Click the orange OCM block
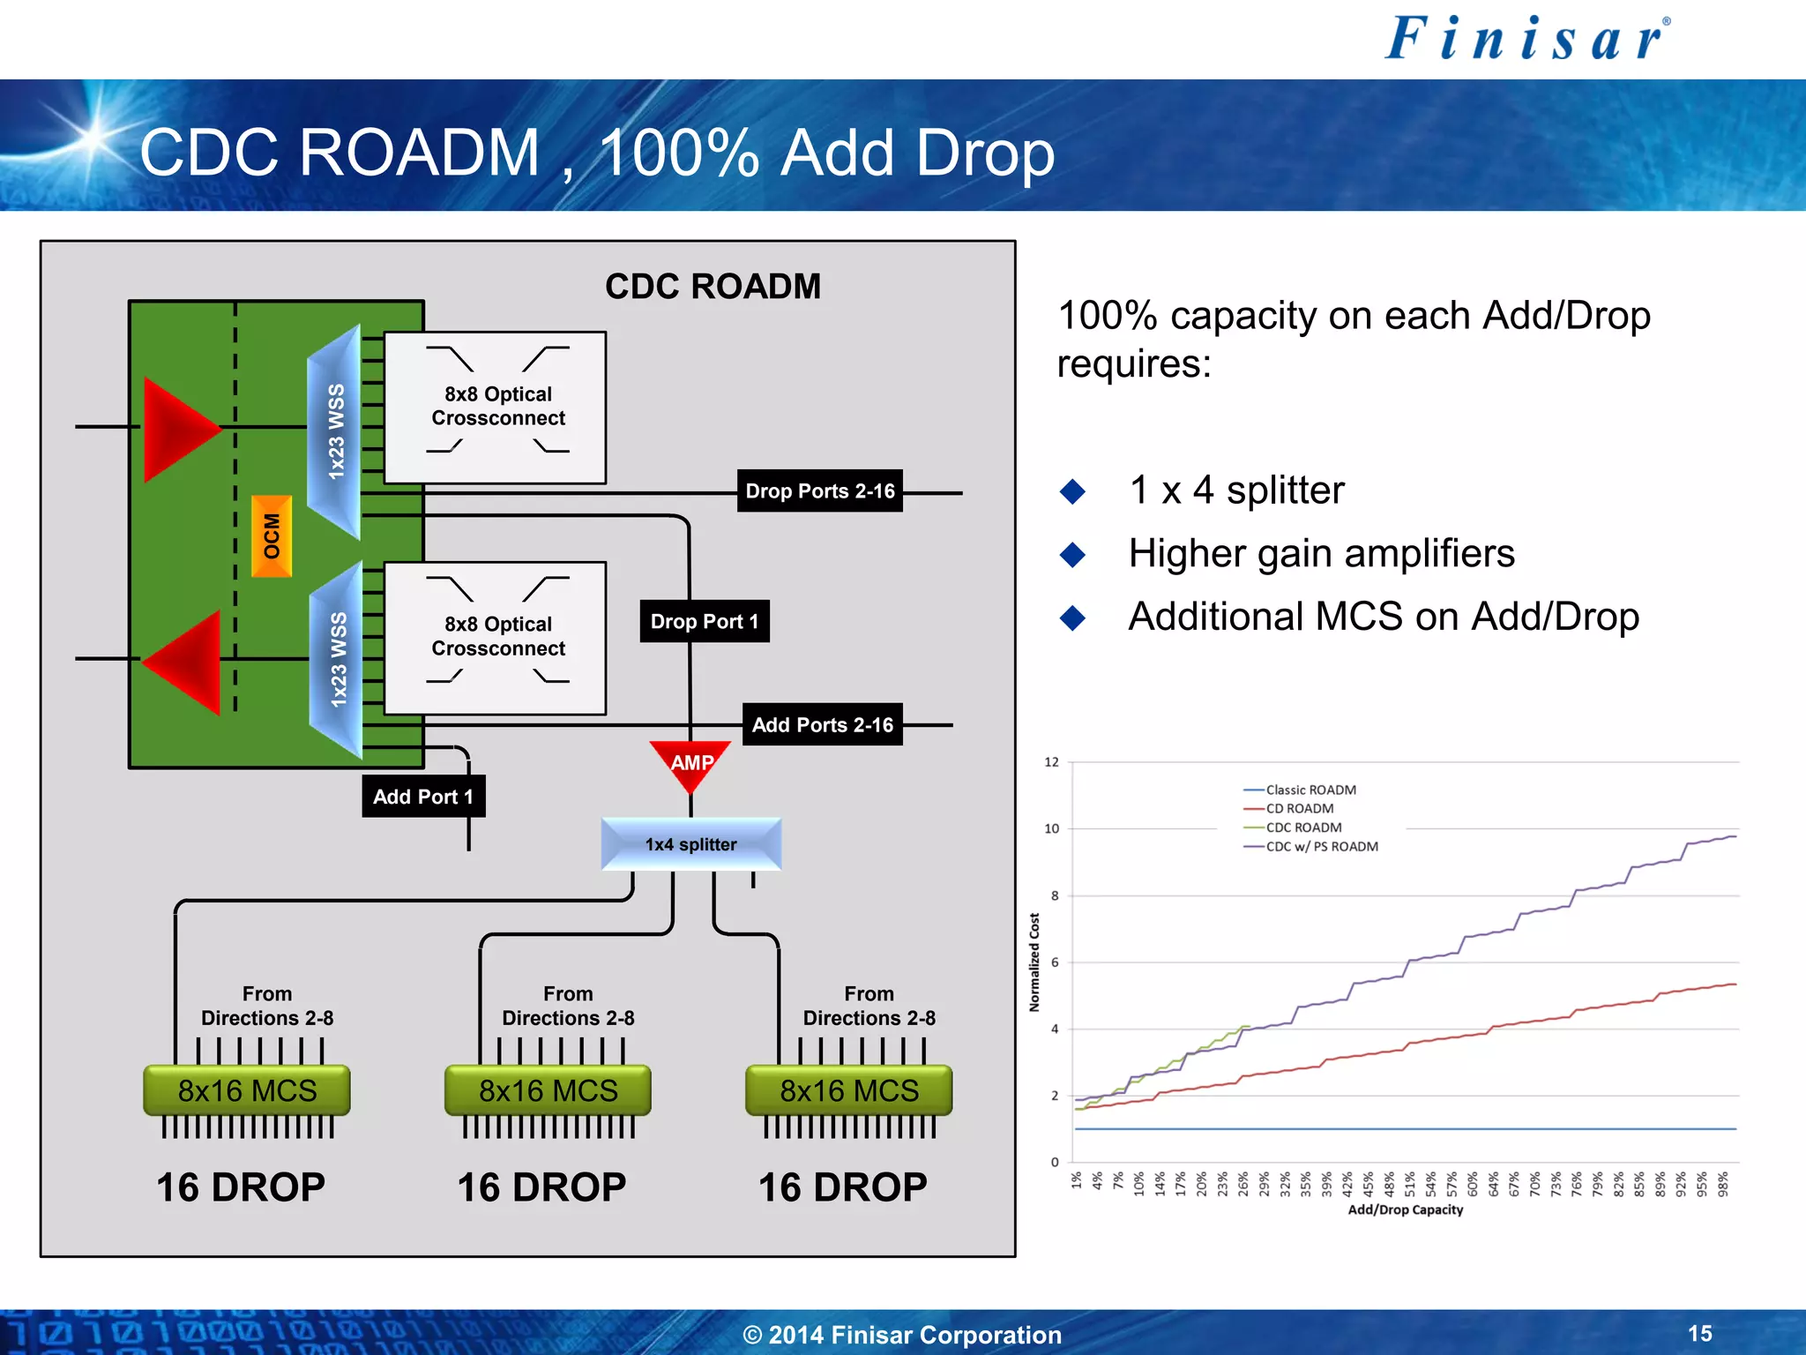[x=272, y=536]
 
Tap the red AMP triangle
[x=691, y=762]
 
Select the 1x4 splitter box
[x=691, y=844]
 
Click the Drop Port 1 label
[x=704, y=621]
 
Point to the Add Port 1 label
[x=422, y=797]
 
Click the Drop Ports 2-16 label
[x=819, y=490]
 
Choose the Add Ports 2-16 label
[x=822, y=724]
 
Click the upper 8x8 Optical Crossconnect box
[x=496, y=407]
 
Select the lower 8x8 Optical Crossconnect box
[x=496, y=637]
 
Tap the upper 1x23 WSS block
[x=335, y=432]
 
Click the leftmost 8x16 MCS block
[x=247, y=1090]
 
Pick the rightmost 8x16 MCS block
[x=849, y=1090]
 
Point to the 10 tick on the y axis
[x=1051, y=828]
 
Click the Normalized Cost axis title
[x=1034, y=962]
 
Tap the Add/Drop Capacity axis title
[x=1405, y=1209]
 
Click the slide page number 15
[x=1699, y=1333]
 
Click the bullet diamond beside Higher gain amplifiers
[x=1072, y=554]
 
